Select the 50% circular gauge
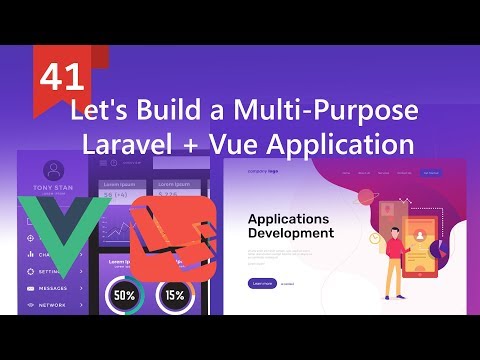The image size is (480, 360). point(124,296)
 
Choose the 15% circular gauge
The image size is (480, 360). point(175,296)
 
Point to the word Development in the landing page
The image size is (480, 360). point(291,233)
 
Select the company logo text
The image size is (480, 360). point(262,173)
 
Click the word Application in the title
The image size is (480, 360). point(341,144)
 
